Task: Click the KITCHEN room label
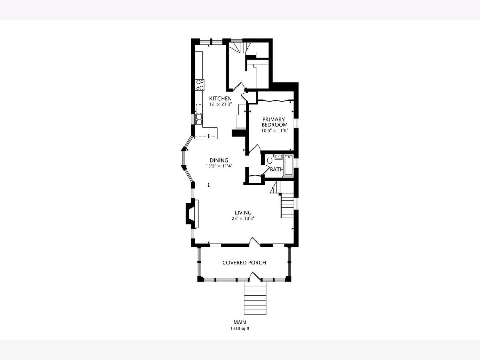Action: [x=220, y=98]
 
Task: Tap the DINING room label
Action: [x=219, y=160]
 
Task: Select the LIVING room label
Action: [x=243, y=212]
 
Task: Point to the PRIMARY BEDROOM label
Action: [x=274, y=122]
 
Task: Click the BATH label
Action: [x=277, y=169]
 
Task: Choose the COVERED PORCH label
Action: [x=244, y=262]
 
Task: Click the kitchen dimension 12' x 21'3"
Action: [x=220, y=104]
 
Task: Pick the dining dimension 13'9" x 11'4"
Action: [x=219, y=166]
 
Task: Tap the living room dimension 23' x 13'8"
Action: [x=243, y=218]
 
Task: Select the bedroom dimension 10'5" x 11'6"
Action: [x=275, y=130]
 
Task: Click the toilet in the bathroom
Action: [x=270, y=159]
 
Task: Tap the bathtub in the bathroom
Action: [x=289, y=165]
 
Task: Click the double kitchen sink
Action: [x=46, y=119]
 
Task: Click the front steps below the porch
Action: [x=255, y=298]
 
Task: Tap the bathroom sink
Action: [x=278, y=157]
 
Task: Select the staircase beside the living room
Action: [x=287, y=206]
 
